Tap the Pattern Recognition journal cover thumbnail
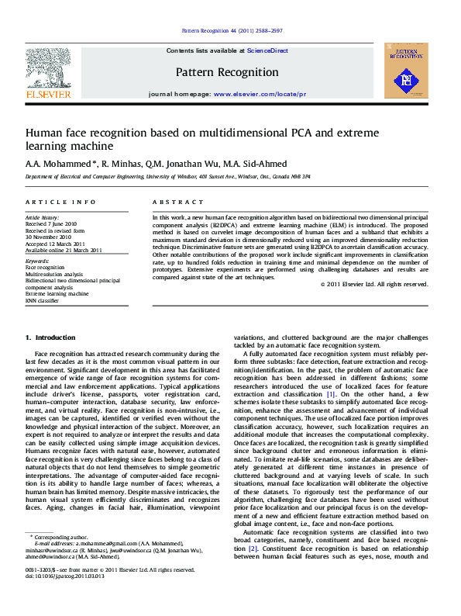406,71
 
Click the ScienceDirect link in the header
267,50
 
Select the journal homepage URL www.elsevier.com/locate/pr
260,93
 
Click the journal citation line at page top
232,30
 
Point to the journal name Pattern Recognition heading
227,72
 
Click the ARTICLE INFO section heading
50,202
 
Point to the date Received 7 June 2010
51,224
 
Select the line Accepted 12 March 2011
55,244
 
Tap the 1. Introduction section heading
50,337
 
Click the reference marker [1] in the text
331,394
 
